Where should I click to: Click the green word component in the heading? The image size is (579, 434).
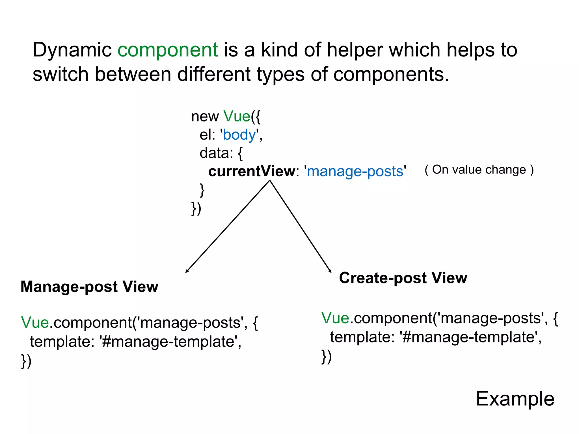168,50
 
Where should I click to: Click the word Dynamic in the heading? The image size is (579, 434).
72,50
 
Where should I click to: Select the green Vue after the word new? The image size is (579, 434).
237,116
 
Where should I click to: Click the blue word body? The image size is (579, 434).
239,134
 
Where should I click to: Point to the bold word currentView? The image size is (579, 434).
252,171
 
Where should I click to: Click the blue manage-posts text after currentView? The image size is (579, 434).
355,171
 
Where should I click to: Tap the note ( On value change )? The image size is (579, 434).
479,170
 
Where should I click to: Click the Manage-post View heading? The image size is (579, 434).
89,287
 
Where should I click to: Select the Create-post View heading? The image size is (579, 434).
403,278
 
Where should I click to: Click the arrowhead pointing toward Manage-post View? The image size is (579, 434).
187,272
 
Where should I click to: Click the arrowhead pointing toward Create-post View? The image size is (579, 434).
330,271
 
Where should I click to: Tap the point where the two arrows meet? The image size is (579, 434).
270,181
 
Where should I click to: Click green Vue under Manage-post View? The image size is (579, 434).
35,322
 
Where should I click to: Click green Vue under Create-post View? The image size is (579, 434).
335,318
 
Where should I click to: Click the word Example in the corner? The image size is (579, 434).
515,399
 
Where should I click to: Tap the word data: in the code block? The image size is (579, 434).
216,153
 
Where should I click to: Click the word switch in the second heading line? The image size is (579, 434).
61,74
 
